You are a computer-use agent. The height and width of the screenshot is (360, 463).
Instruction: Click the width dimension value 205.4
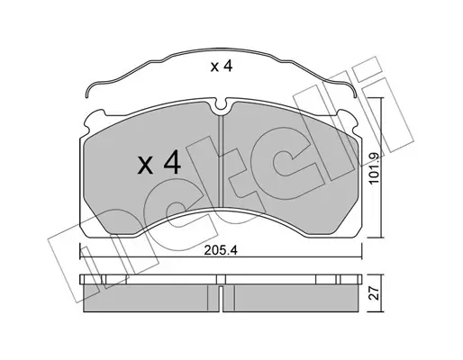point(221,250)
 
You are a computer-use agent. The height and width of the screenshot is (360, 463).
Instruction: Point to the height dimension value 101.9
point(375,167)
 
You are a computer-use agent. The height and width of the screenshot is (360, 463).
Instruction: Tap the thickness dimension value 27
point(375,292)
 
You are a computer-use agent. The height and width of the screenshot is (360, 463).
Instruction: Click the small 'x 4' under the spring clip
point(222,67)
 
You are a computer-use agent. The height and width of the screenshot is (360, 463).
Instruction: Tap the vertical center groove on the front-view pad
point(221,161)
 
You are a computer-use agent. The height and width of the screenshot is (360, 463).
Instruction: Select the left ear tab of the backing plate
point(94,120)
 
